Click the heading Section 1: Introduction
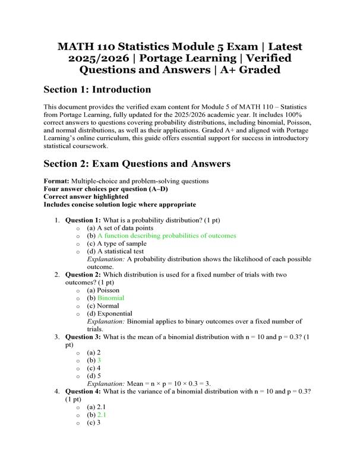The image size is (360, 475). click(97, 90)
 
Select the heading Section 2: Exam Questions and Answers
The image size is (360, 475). click(137, 163)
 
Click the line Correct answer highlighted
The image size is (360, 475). click(86, 197)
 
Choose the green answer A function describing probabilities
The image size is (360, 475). click(167, 236)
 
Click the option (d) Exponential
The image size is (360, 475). click(110, 313)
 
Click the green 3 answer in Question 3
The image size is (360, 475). click(99, 360)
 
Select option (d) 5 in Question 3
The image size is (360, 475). click(94, 376)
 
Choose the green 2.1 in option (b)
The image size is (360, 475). click(102, 415)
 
